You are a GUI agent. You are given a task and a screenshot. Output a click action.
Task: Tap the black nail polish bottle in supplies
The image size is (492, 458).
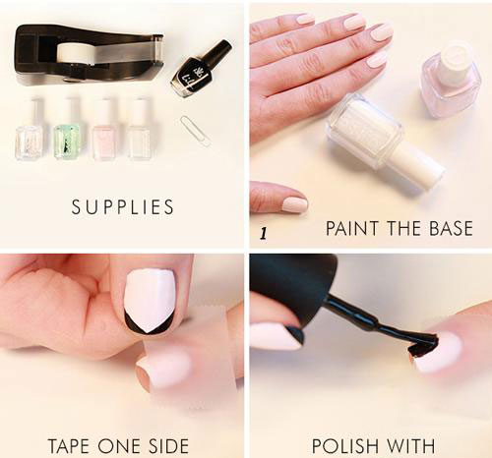click(200, 68)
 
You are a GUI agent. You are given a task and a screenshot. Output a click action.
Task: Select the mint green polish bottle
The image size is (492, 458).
click(67, 130)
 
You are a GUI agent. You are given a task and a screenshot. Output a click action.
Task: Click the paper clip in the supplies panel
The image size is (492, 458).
click(196, 131)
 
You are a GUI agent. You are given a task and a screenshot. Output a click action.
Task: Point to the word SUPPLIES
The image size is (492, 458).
click(123, 207)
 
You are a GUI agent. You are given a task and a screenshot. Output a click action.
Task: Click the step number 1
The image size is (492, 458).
click(263, 234)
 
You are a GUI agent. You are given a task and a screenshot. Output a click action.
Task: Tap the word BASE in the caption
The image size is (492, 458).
click(451, 228)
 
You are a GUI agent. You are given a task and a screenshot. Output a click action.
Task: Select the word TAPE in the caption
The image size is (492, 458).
click(70, 445)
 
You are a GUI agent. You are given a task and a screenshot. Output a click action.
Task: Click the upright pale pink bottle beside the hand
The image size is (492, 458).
click(451, 81)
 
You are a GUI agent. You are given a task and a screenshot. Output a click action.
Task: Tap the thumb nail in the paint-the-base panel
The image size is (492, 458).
click(294, 204)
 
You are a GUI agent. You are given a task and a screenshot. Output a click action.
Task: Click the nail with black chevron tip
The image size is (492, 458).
click(150, 302)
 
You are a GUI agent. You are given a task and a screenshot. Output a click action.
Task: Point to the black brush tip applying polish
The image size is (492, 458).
click(423, 347)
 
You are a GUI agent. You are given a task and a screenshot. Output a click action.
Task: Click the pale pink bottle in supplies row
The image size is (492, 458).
click(104, 130)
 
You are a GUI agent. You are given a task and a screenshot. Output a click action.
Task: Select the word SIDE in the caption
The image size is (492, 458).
click(169, 445)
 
